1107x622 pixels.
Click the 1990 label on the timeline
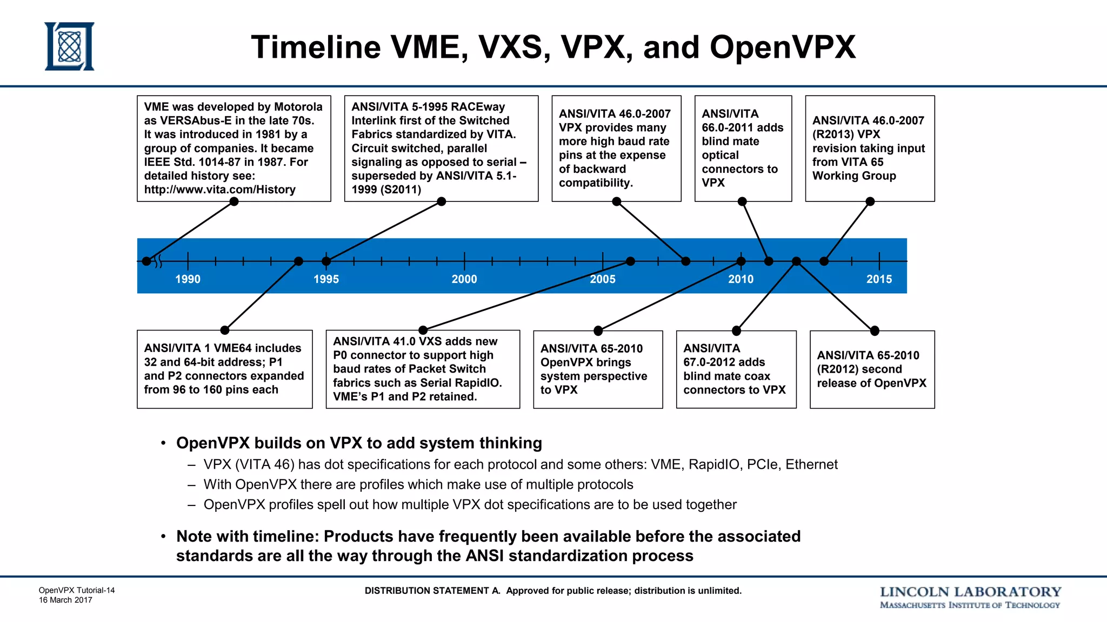tap(188, 279)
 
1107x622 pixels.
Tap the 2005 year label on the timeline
tap(602, 279)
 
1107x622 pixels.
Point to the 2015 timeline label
tap(879, 279)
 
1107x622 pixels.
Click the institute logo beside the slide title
tap(69, 46)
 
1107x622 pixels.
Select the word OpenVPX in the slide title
tap(782, 47)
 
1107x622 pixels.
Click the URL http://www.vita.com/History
tap(219, 190)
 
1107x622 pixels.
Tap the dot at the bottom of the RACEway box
tap(441, 201)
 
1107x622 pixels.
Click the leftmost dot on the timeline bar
tap(146, 261)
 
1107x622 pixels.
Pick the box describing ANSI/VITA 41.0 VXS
tap(423, 369)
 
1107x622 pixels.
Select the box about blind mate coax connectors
tap(736, 369)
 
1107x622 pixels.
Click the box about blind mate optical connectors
tap(743, 148)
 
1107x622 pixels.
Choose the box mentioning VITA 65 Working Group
tap(869, 148)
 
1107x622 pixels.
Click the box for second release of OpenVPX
tap(872, 369)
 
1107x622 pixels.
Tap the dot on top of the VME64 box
tap(225, 330)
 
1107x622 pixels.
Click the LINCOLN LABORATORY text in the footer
tap(970, 592)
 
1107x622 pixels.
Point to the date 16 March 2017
tap(65, 600)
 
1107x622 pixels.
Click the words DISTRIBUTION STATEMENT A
tap(432, 591)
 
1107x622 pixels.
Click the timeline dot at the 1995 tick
tap(326, 261)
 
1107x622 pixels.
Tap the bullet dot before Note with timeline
tap(163, 537)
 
